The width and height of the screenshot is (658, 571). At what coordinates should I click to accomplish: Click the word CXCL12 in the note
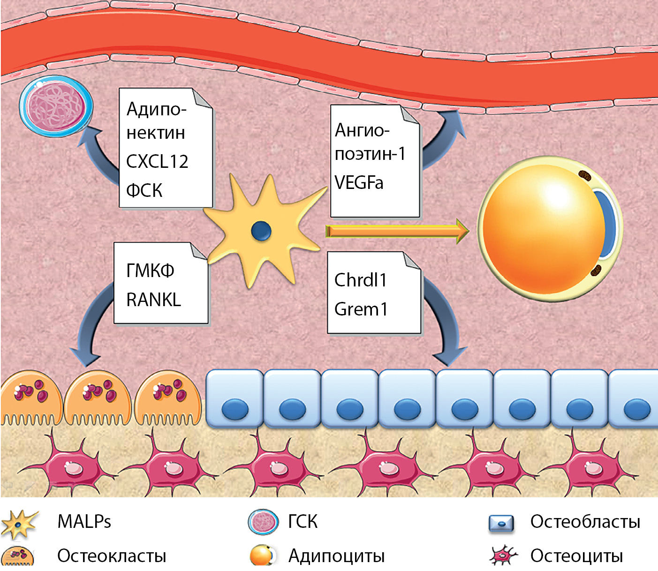pos(157,161)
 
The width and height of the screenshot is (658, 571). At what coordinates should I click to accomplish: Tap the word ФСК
pos(144,190)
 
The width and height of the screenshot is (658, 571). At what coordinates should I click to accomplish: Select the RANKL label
pos(153,300)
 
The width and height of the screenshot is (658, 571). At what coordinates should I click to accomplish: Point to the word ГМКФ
pos(150,270)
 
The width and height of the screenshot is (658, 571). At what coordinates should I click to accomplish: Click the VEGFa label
pos(359,182)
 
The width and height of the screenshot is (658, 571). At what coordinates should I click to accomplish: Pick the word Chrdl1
pos(360,280)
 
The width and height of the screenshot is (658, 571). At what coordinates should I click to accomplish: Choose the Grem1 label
pos(361,309)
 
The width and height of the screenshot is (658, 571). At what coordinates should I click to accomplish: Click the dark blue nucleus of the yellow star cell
pos(261,231)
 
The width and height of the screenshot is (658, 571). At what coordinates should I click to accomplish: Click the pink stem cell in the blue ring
pos(56,106)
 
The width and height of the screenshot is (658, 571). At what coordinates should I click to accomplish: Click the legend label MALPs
pos(84,521)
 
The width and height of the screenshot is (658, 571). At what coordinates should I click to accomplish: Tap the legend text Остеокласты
pos(112,556)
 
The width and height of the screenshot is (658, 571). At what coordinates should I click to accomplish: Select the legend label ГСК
pos(303,521)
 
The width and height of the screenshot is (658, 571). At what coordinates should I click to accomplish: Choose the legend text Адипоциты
pos(336,556)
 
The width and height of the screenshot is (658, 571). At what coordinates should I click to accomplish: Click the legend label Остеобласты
pos(585,521)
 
